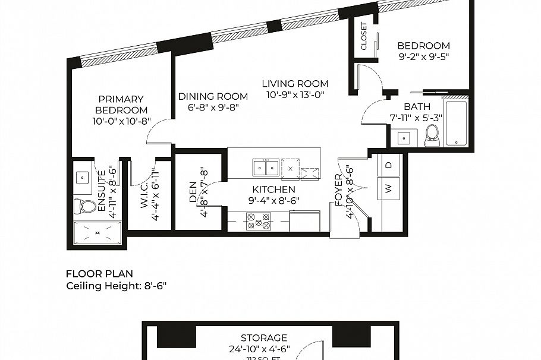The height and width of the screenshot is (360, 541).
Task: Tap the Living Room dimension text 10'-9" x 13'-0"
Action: point(295,94)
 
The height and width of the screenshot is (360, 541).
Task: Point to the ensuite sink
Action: point(83,176)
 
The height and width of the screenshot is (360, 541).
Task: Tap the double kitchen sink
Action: point(265,168)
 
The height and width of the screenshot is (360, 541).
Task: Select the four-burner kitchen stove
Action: point(259,221)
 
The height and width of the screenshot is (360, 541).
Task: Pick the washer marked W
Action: point(389,190)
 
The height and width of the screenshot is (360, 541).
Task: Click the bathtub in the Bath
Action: point(456,124)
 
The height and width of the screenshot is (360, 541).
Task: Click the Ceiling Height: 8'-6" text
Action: point(116,285)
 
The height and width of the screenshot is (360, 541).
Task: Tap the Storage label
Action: point(264,337)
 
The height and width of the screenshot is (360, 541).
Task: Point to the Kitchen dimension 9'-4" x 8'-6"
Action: point(273,200)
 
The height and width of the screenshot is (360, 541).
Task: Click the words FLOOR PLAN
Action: point(99,274)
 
